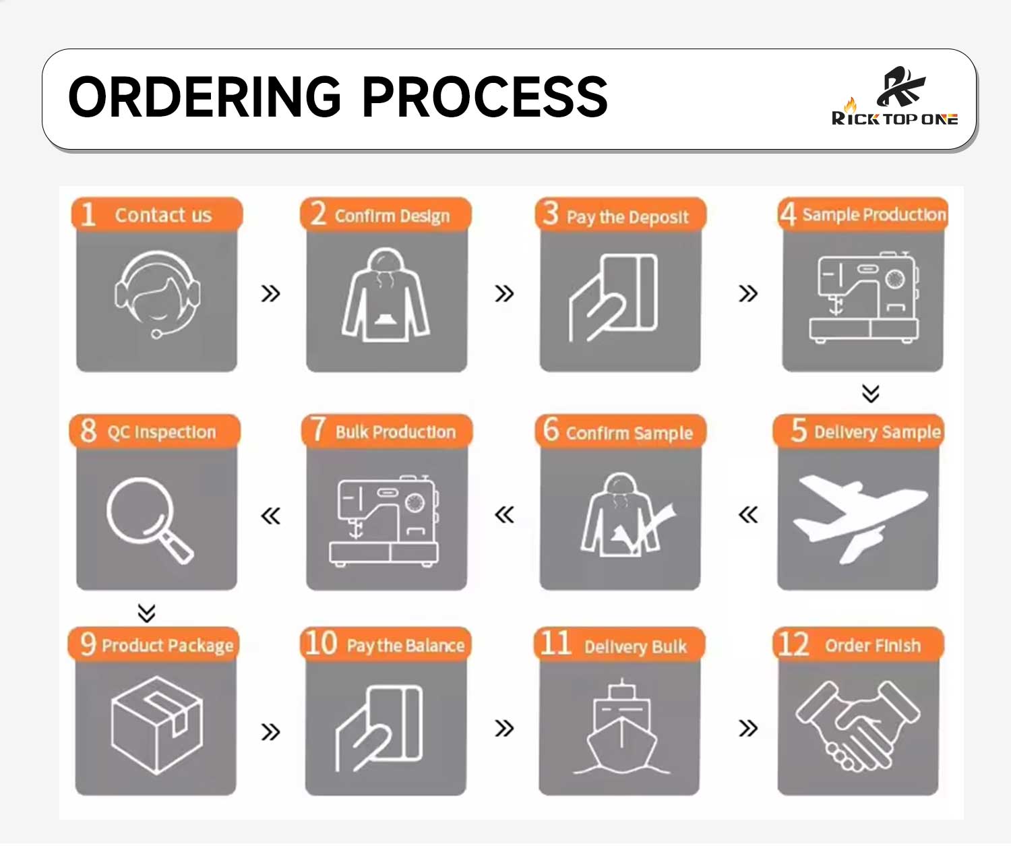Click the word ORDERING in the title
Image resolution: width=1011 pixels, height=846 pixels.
coord(204,97)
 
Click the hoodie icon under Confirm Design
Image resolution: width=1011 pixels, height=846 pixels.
coord(386,295)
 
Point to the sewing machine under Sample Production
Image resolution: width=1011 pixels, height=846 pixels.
coord(864,297)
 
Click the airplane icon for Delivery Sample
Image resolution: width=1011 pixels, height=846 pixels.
coord(860,518)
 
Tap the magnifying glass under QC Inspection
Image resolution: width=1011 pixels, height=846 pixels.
coord(149,520)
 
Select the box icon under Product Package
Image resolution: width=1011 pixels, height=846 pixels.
coord(157,725)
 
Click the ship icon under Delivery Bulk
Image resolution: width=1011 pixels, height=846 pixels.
coord(621,727)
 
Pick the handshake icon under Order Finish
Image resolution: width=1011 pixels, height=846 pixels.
coord(857,725)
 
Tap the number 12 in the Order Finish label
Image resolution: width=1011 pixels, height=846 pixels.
coord(793,644)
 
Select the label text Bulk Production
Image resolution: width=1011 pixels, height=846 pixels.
coord(396,432)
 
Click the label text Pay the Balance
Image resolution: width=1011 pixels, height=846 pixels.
coord(406,646)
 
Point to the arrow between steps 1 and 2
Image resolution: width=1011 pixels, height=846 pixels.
coord(271,293)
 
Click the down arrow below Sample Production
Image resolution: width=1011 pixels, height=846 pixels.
coord(871,393)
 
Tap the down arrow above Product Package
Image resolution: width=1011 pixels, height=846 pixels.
coord(147,613)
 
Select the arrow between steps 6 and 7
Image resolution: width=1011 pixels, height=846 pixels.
coord(505,515)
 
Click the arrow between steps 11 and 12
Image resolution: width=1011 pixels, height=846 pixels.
coord(748,728)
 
